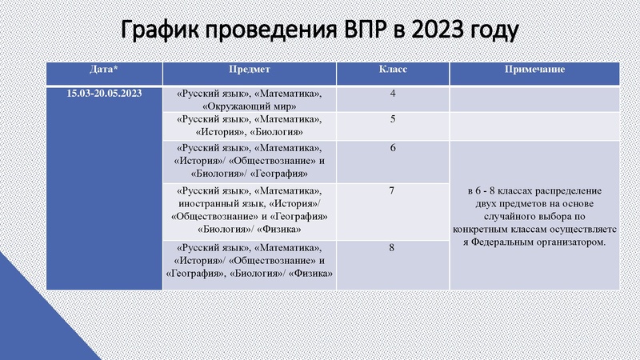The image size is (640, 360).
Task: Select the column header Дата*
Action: (105, 70)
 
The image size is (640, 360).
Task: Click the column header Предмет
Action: (250, 70)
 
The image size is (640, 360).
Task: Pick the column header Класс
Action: (393, 70)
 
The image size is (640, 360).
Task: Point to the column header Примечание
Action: (534, 70)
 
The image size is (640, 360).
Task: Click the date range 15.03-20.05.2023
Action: (105, 94)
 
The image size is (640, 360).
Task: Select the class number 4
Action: (393, 94)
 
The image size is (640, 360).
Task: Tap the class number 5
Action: (393, 120)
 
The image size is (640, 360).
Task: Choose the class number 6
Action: (393, 148)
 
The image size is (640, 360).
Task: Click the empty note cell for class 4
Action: (534, 99)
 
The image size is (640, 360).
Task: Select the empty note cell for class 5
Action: (534, 126)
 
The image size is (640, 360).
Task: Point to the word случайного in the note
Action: (512, 217)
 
